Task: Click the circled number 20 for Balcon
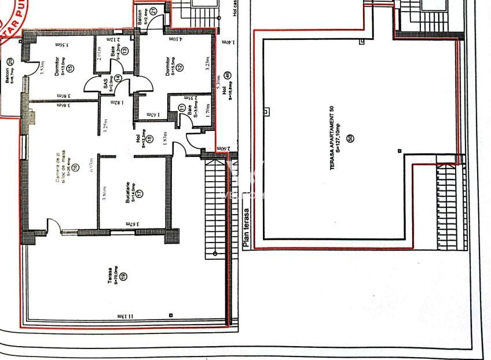(11, 62)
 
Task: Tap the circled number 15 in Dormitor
(70, 68)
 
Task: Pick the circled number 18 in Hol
(150, 139)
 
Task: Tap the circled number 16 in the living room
(75, 168)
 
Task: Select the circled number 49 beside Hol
(228, 74)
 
